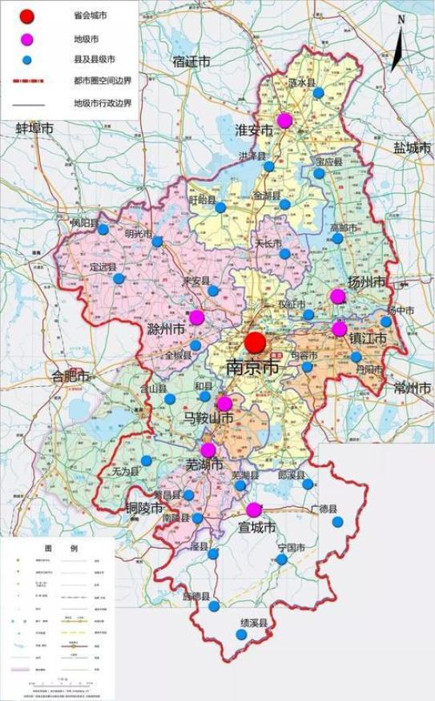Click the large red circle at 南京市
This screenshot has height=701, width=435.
[255, 343]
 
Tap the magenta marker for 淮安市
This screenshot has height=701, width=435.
[284, 121]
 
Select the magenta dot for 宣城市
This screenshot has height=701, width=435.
[254, 510]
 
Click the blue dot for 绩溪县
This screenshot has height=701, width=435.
[241, 635]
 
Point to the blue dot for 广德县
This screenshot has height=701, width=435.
[337, 522]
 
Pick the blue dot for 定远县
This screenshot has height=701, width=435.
[119, 279]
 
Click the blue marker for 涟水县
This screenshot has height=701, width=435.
[318, 93]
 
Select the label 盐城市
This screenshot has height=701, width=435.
[412, 148]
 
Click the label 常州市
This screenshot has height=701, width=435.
[413, 389]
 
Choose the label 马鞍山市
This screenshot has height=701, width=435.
[207, 418]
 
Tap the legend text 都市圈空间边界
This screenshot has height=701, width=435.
[102, 81]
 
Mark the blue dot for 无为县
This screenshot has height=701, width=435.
[147, 461]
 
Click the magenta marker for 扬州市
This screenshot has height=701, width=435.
[337, 296]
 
